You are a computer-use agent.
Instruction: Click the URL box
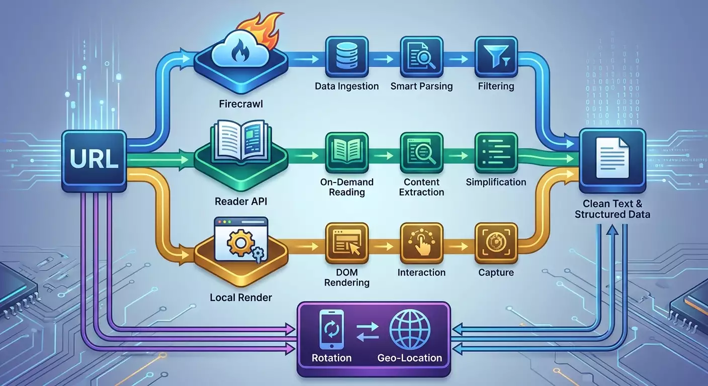coord(94,160)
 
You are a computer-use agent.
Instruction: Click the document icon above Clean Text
coord(612,159)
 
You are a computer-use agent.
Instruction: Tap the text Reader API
coord(240,202)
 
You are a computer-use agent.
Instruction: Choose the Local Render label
coord(240,298)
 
